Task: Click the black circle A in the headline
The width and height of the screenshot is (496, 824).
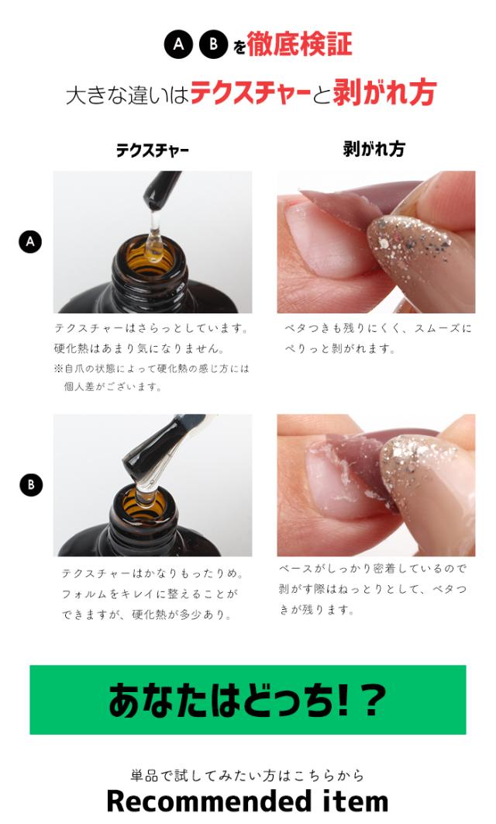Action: [x=178, y=43]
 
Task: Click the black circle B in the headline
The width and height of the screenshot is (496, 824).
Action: [x=213, y=43]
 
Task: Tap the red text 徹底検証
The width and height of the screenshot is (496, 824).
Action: [x=299, y=43]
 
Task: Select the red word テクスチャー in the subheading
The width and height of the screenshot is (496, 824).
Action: [x=251, y=93]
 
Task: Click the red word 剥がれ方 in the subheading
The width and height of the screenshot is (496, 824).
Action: [x=384, y=92]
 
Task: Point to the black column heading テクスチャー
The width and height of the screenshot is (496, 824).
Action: [x=152, y=151]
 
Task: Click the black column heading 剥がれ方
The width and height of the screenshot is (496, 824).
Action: [x=374, y=149]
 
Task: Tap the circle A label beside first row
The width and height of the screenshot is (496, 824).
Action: [x=30, y=242]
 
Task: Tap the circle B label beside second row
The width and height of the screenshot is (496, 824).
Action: [x=30, y=485]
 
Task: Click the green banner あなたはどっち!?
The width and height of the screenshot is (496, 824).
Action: [x=248, y=699]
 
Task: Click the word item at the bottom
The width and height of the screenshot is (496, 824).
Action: [x=355, y=801]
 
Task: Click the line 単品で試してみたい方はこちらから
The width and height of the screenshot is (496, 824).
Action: [x=248, y=774]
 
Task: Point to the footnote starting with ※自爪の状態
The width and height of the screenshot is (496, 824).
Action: [x=152, y=377]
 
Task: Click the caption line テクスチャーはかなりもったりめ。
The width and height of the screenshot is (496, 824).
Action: [x=152, y=573]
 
